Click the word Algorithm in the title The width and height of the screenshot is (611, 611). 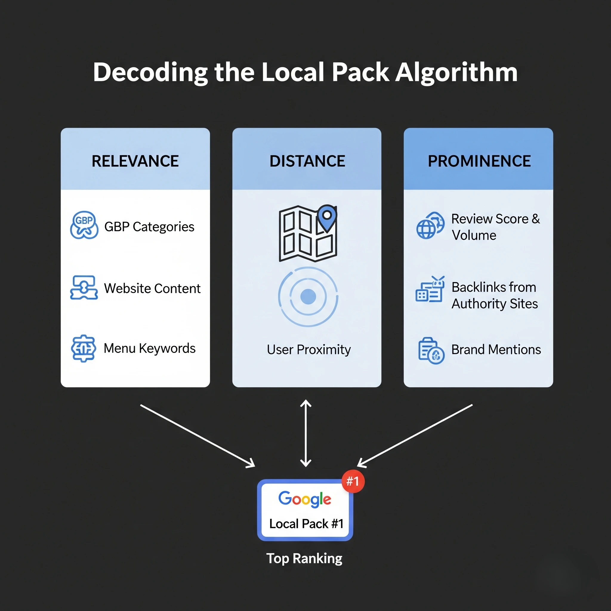tap(456, 73)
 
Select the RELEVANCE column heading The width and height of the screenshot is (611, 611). tap(135, 161)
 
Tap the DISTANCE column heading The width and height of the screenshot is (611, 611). tap(307, 161)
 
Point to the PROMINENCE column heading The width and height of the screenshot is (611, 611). tap(479, 161)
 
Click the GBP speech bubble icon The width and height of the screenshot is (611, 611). tap(84, 225)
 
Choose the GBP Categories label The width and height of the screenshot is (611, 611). tap(149, 227)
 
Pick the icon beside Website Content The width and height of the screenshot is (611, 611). tap(84, 288)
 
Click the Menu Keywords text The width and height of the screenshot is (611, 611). tap(149, 348)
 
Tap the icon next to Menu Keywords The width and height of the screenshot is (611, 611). tap(83, 348)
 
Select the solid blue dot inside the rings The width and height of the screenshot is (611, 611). tap(308, 297)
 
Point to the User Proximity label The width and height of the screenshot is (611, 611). tap(309, 349)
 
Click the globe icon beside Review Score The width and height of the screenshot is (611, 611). tap(430, 226)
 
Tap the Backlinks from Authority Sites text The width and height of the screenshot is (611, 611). tap(495, 295)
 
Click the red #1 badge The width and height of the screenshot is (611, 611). tap(353, 481)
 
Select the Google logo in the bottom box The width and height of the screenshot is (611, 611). tap(305, 499)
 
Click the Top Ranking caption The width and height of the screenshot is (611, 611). tap(304, 558)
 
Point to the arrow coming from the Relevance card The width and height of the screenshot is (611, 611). tap(198, 436)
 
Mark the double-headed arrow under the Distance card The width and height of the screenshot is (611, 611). tap(305, 433)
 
